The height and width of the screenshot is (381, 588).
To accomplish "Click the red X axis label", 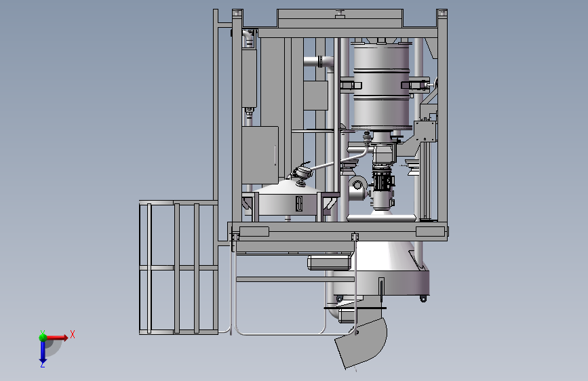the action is point(73,334).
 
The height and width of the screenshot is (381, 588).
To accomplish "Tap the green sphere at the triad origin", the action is point(43,337).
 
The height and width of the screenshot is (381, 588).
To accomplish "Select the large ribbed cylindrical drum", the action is point(382,86).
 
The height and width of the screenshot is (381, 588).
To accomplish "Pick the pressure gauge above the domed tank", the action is point(302,173).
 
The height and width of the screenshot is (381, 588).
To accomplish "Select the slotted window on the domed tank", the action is point(299,203).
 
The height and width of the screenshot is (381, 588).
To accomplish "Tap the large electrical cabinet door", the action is point(260,155).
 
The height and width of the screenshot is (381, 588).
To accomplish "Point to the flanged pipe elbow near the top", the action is point(319,63).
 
